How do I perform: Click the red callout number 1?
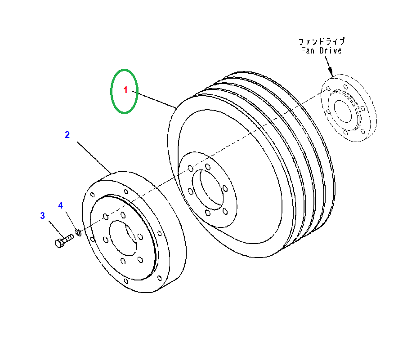(126, 90)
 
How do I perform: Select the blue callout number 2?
(67, 134)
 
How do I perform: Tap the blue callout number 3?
(43, 216)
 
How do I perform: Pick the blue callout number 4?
(61, 205)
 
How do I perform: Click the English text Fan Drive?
(321, 50)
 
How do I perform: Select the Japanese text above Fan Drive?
(322, 41)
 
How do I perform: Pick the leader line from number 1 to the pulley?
(155, 99)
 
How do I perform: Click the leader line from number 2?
(94, 157)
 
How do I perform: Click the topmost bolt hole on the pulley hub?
(207, 167)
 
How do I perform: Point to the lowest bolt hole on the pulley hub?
(207, 213)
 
